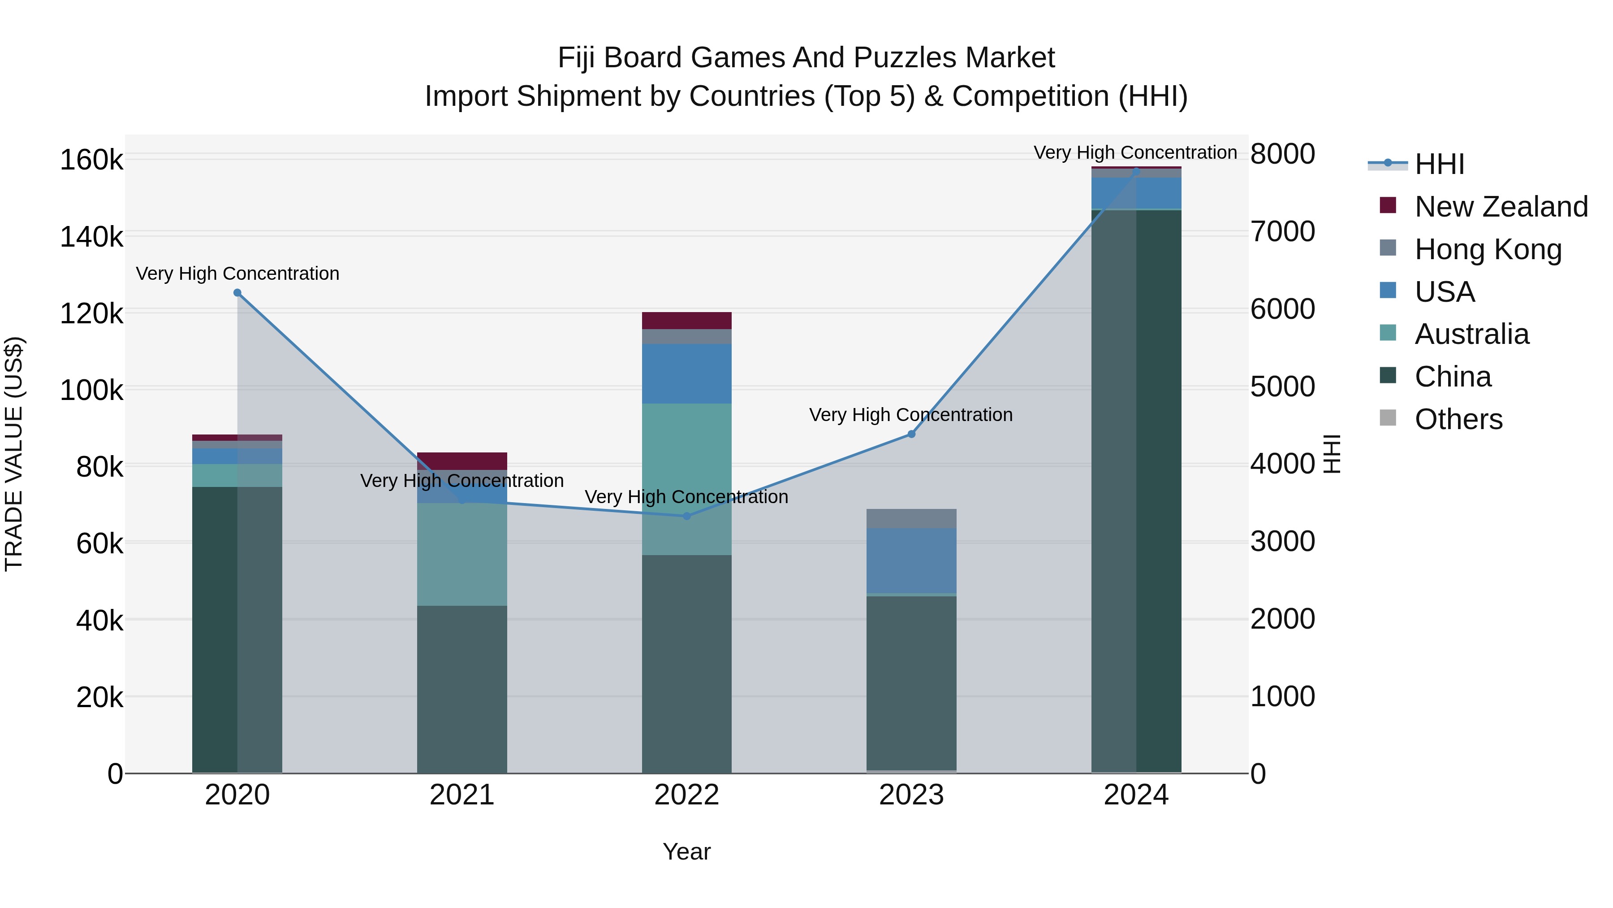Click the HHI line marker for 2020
pyautogui.click(x=237, y=293)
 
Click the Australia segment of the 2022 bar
pyautogui.click(x=686, y=479)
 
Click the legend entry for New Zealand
pyautogui.click(x=1501, y=207)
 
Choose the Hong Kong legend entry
pyautogui.click(x=1488, y=249)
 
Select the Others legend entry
pyautogui.click(x=1458, y=419)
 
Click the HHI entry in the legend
pyautogui.click(x=1439, y=164)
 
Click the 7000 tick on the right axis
pyautogui.click(x=1282, y=232)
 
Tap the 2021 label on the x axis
pyautogui.click(x=462, y=795)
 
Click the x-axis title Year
pyautogui.click(x=686, y=852)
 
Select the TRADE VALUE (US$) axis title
pyautogui.click(x=14, y=454)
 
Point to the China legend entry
pyautogui.click(x=1453, y=377)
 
